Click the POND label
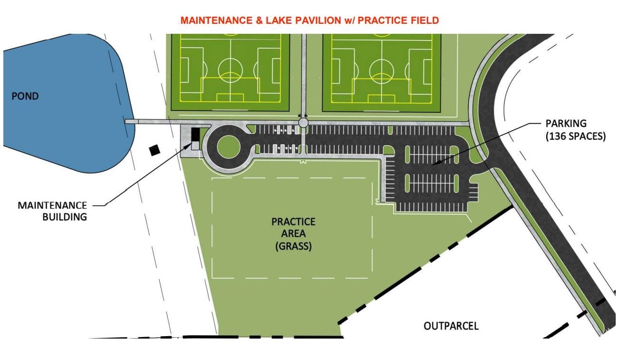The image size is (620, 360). (25, 96)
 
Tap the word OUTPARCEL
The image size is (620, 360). (451, 326)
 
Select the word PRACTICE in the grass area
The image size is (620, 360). (293, 222)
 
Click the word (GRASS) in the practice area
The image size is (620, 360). (293, 246)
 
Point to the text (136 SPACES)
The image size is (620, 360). (576, 136)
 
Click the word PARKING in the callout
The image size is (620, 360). (566, 123)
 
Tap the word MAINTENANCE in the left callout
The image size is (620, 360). (52, 205)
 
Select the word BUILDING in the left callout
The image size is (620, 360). (65, 217)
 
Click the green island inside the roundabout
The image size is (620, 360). (229, 147)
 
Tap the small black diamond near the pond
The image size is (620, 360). (154, 150)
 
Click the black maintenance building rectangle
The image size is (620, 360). (195, 134)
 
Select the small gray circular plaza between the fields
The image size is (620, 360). (303, 122)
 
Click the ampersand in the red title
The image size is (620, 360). (260, 20)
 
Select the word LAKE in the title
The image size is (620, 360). (278, 20)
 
